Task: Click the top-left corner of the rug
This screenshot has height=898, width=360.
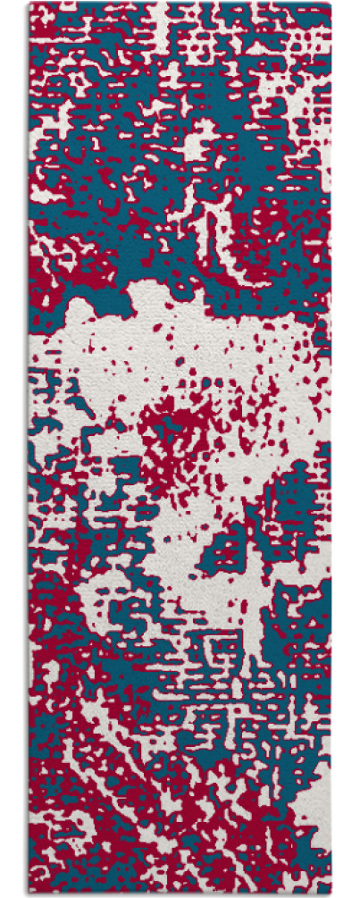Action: click(x=30, y=4)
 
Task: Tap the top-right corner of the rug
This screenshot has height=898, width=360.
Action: click(x=330, y=4)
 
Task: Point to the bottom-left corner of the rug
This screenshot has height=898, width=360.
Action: click(x=30, y=893)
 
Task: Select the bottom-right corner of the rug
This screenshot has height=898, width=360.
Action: click(x=330, y=893)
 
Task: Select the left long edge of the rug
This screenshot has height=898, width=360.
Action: click(x=30, y=447)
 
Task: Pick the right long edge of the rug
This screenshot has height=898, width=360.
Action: click(x=330, y=447)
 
